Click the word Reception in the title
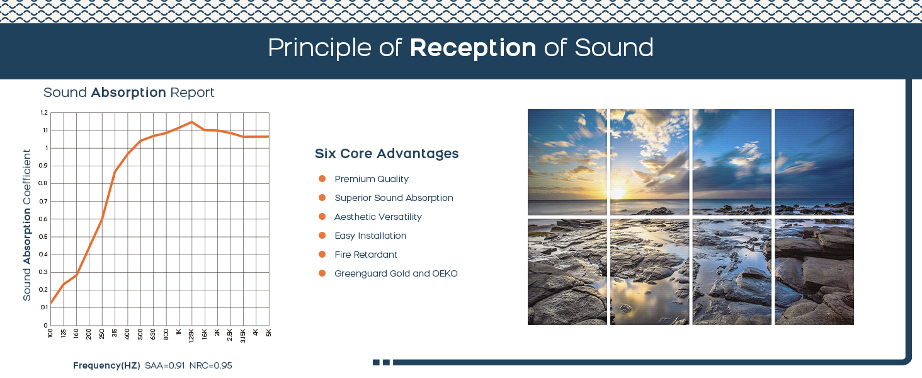472,49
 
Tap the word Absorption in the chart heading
128,93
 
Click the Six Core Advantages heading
387,154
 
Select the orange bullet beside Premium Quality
322,179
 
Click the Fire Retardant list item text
366,255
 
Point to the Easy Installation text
370,236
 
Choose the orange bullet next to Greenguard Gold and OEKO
322,273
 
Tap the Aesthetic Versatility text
378,217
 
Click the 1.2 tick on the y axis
44,112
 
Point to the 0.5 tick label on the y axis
43,237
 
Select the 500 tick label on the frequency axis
140,334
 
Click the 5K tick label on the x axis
269,333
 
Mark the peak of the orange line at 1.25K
191,122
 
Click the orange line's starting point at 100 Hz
50,304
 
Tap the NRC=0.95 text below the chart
211,365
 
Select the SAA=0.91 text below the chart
164,365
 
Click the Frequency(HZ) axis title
106,365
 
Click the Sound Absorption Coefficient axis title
26,225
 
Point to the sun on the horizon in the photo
617,193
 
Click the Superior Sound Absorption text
394,198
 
